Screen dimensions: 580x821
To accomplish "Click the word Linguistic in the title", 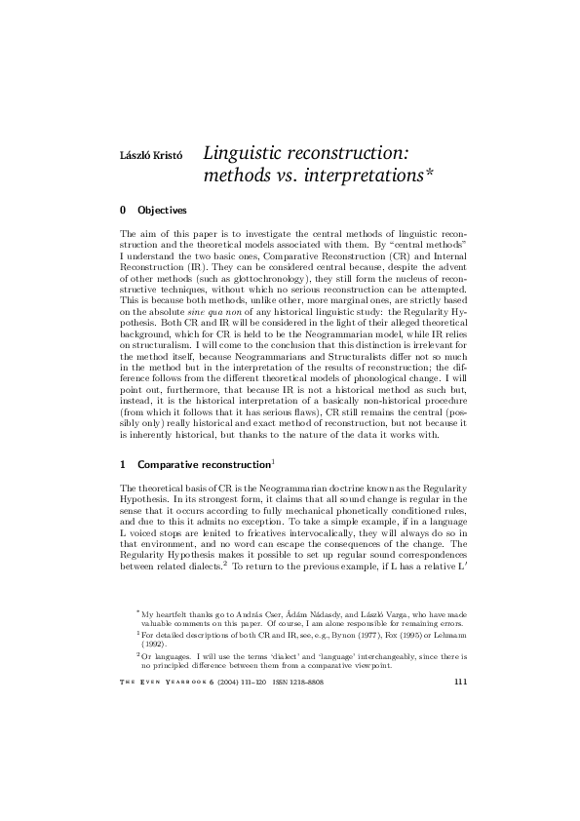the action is pos(249,153).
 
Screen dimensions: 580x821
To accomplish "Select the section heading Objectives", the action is pos(163,210).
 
